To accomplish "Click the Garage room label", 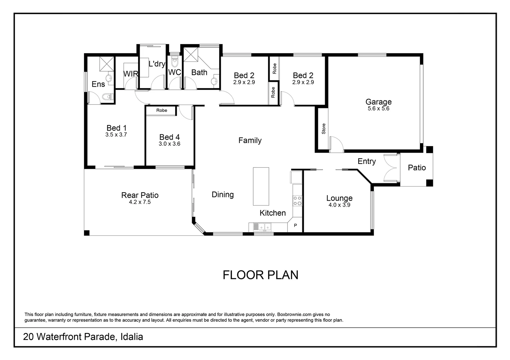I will coord(378,102).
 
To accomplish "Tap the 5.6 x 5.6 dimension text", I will coord(378,109).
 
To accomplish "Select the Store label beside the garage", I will coord(323,129).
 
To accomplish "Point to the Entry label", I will coord(367,161).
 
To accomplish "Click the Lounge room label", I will coord(339,198).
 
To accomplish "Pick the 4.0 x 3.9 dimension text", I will coord(339,205).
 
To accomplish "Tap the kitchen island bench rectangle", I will coord(261,186).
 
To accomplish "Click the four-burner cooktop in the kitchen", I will coord(298,200).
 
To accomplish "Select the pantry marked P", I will coord(295,226).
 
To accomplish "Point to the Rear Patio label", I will coord(140,195).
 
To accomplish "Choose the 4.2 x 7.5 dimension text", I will coord(140,202).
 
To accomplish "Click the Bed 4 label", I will coord(169,137).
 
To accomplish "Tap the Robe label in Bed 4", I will coord(161,110).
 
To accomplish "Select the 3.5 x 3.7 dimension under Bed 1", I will coord(116,135).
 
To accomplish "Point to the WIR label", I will coord(131,74).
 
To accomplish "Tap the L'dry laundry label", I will coord(157,64).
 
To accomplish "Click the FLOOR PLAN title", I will coord(260,275).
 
